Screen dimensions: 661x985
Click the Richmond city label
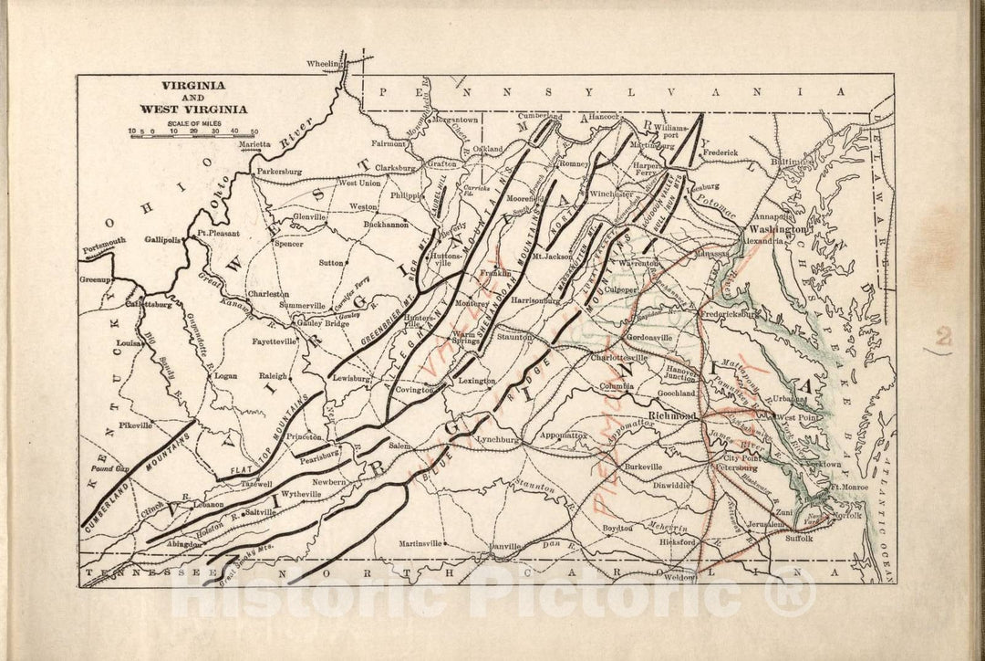click(x=671, y=415)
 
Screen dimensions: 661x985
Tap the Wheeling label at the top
click(x=322, y=65)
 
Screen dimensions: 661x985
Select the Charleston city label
click(x=269, y=294)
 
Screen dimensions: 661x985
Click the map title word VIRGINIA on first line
click(x=194, y=85)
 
